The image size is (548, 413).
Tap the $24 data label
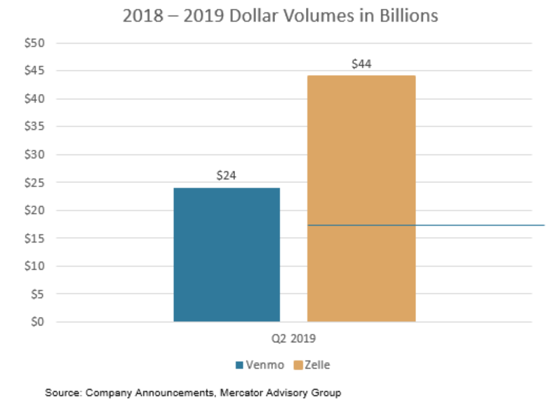pos(226,176)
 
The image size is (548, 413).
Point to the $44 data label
pos(361,64)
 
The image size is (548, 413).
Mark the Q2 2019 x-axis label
pos(294,338)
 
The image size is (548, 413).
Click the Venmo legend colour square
pos(239,365)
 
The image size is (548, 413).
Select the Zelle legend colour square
pos(298,365)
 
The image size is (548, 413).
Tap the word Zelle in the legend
pos(317,365)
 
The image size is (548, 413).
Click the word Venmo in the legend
pos(261,365)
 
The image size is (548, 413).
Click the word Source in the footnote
pos(62,393)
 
